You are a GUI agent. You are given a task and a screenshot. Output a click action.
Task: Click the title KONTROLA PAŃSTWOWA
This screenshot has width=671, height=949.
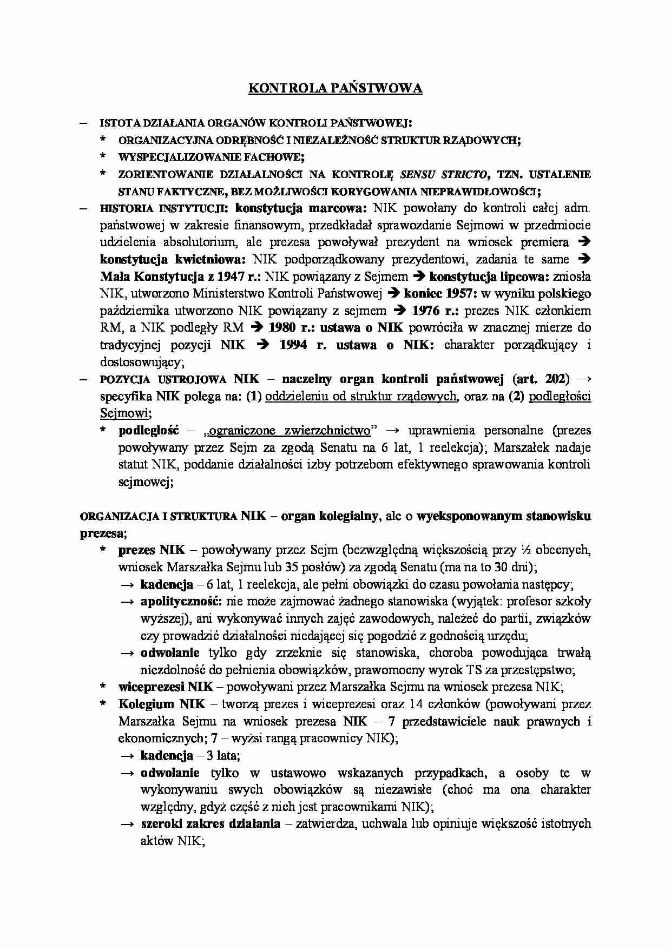point(335,89)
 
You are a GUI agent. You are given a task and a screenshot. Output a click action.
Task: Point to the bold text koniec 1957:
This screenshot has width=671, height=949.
point(439,294)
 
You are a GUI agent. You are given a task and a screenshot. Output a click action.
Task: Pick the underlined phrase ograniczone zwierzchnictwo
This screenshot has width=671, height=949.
point(290,431)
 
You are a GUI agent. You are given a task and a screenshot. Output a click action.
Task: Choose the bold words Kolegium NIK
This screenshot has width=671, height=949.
point(162,704)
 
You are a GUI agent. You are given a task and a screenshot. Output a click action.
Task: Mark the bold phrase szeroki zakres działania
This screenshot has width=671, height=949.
point(210,823)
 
